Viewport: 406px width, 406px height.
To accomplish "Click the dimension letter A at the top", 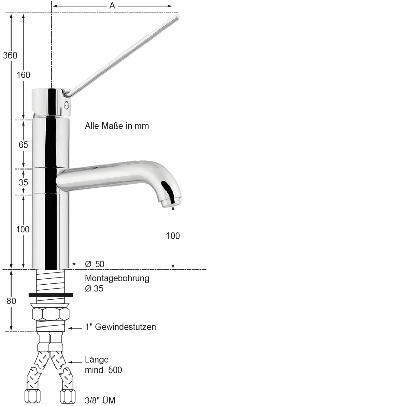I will click(112, 6).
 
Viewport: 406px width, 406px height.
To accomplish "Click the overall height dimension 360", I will click(10, 55).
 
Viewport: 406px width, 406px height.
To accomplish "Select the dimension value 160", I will click(23, 75).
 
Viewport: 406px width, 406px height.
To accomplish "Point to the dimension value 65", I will click(23, 145).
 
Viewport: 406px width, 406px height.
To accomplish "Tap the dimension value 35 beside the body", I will click(23, 182).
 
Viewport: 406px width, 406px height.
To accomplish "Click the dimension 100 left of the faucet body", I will click(23, 229).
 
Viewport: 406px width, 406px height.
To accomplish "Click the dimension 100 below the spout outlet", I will click(173, 236).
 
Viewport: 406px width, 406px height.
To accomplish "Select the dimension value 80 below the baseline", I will click(11, 301).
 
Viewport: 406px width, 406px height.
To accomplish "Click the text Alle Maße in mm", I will click(117, 126).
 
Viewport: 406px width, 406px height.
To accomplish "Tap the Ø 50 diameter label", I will click(94, 264).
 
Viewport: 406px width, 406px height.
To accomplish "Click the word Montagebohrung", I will click(117, 279).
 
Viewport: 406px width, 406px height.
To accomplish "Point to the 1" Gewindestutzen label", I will click(120, 327).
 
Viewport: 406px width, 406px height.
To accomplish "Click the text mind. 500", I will click(103, 370).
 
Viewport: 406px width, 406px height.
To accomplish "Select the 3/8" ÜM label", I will click(100, 401).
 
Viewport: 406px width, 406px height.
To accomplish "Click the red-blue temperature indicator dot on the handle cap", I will click(66, 105).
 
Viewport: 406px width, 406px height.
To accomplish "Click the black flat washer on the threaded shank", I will click(51, 295).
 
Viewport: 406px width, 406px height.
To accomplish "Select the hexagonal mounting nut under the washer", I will click(51, 314).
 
